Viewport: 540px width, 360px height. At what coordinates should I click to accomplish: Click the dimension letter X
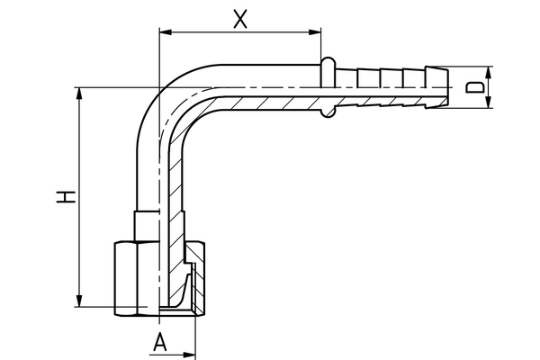click(x=239, y=19)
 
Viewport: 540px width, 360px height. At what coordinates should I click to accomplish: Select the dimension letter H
click(x=64, y=197)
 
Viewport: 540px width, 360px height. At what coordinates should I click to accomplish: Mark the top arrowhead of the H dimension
click(x=80, y=93)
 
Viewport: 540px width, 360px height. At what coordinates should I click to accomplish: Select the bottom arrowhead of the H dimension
click(x=80, y=302)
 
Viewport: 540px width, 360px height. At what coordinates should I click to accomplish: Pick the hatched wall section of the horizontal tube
click(x=270, y=100)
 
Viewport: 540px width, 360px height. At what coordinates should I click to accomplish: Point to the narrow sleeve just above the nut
click(x=146, y=225)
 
